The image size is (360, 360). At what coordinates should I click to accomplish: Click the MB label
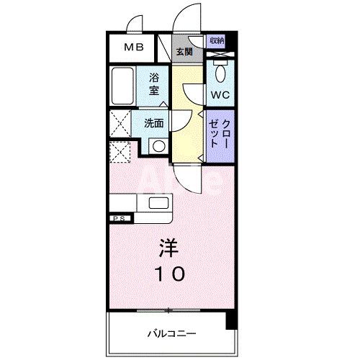click(x=134, y=48)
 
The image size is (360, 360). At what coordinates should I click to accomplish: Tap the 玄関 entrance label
click(x=185, y=52)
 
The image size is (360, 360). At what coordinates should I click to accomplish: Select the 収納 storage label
click(x=217, y=41)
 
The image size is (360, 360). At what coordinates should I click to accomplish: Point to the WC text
click(x=220, y=94)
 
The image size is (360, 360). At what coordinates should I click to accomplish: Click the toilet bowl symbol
click(x=220, y=73)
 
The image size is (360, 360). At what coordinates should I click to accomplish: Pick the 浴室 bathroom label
click(x=155, y=84)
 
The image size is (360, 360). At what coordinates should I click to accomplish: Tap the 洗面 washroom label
click(x=153, y=123)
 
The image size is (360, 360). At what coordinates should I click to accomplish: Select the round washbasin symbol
click(x=157, y=145)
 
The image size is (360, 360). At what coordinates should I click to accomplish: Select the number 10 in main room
click(x=171, y=274)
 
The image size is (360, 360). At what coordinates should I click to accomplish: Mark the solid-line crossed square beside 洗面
click(x=120, y=123)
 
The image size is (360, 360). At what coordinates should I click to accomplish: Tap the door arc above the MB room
click(x=134, y=26)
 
